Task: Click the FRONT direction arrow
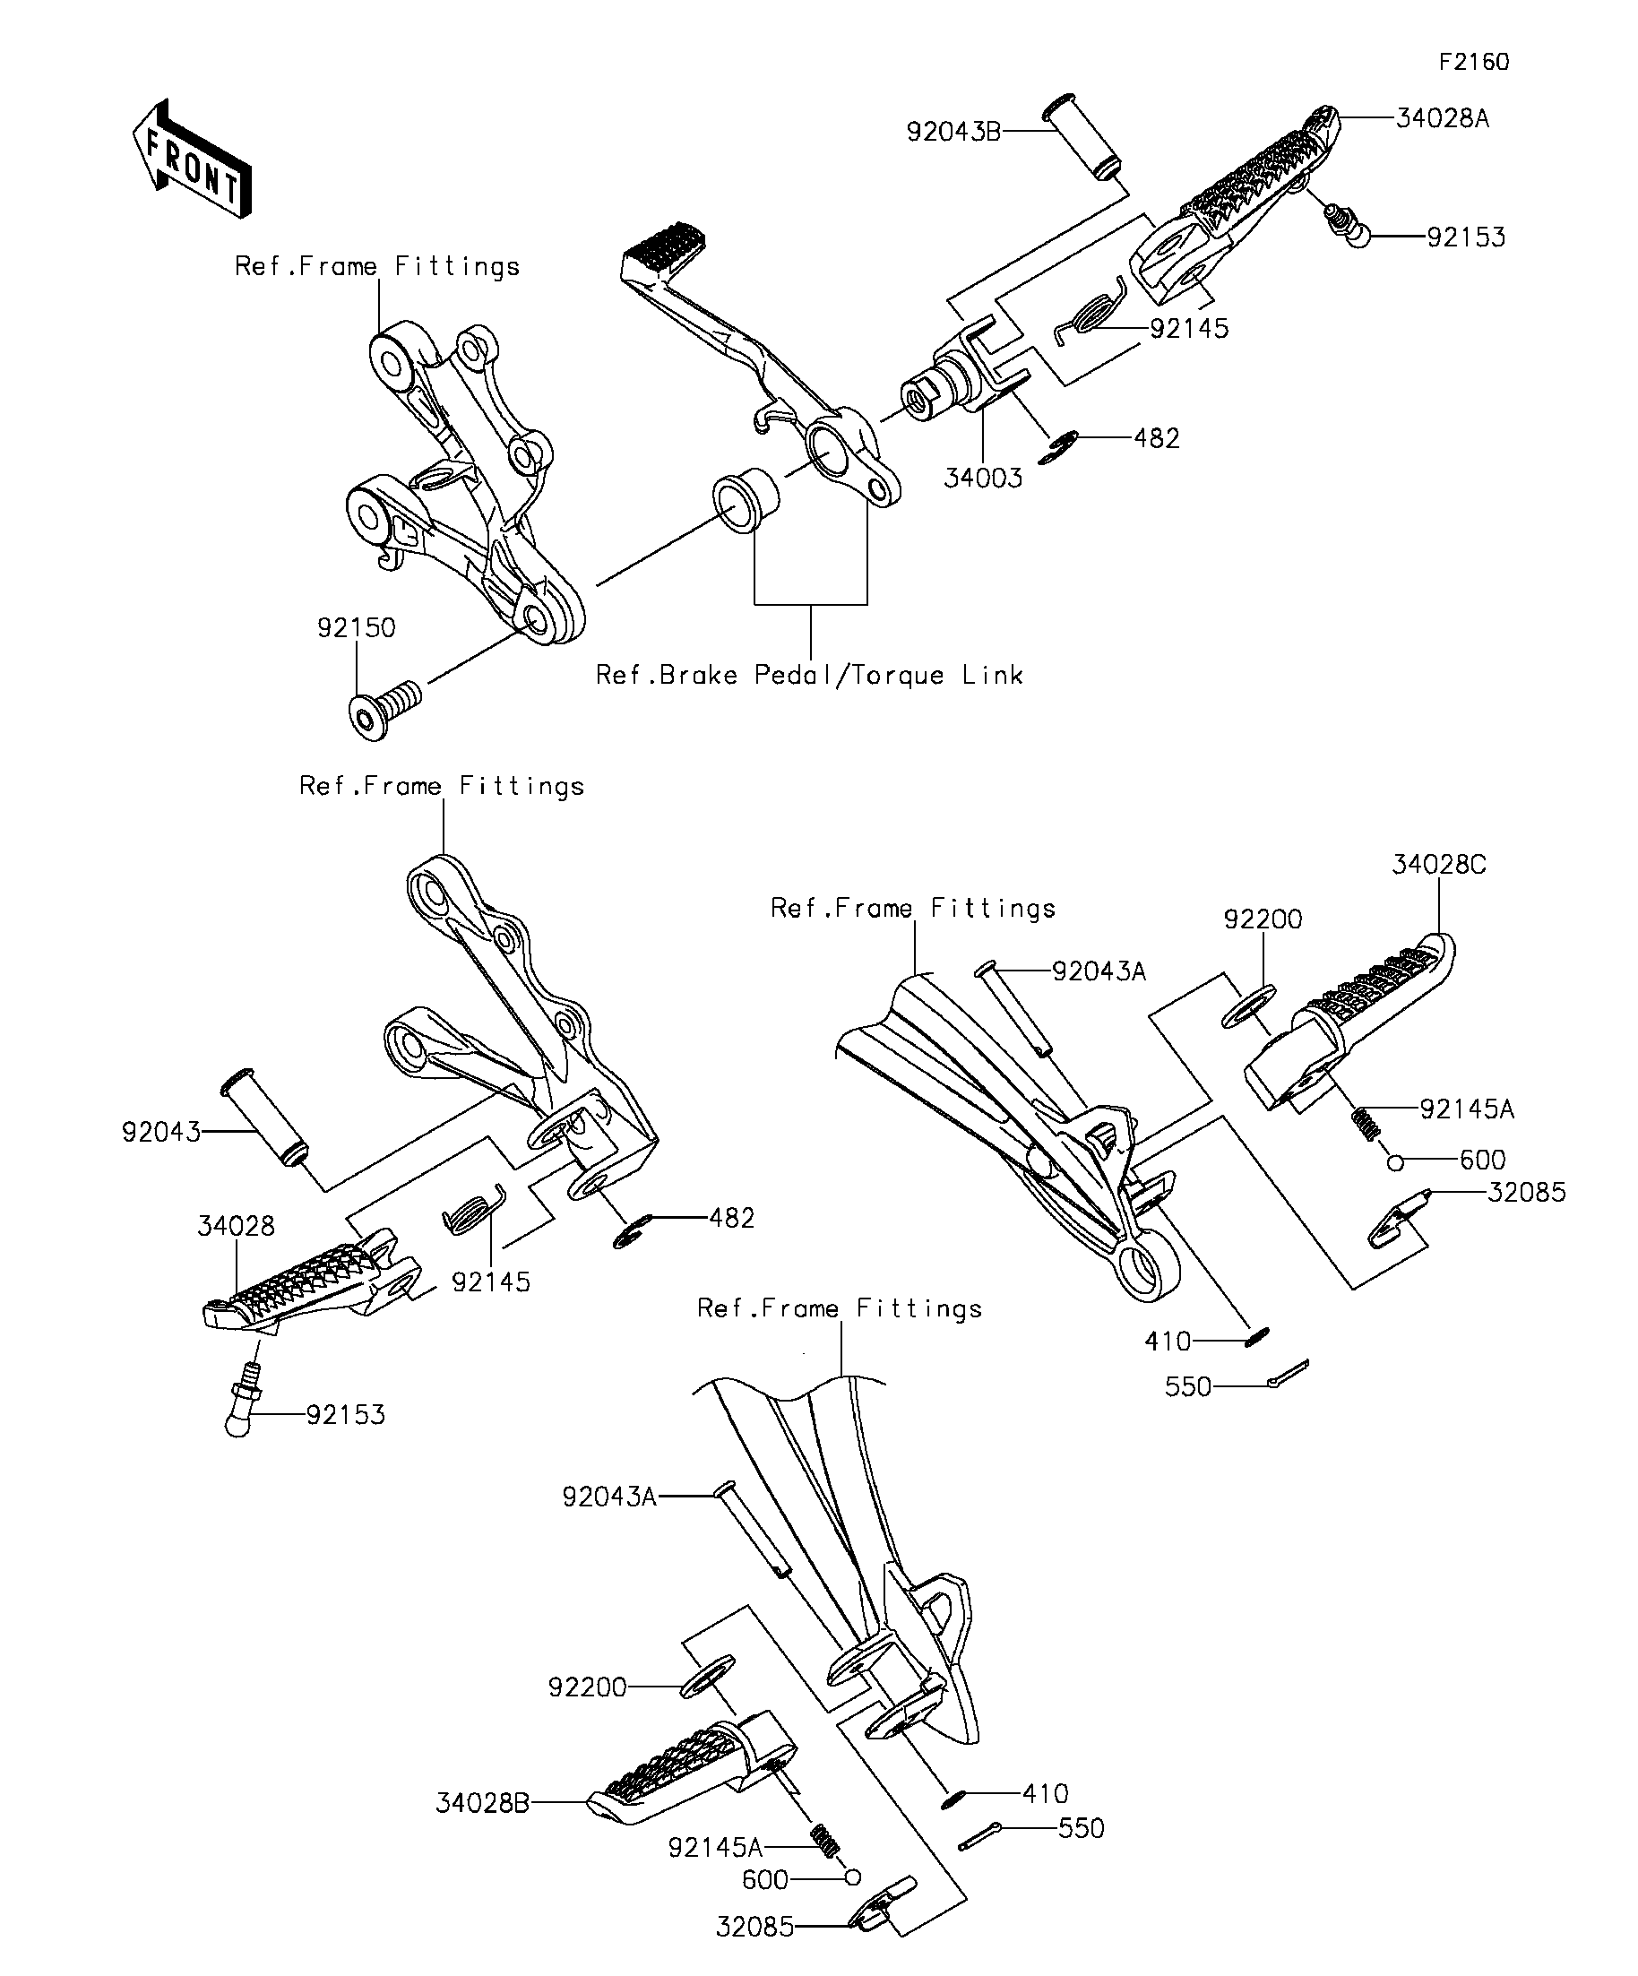(x=191, y=158)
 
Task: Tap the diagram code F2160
(x=1474, y=62)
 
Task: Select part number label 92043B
(x=953, y=132)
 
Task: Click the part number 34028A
(x=1443, y=118)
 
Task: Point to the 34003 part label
(x=983, y=478)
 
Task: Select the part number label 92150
(x=356, y=627)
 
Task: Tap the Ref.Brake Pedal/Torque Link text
(x=809, y=675)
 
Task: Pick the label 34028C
(x=1438, y=864)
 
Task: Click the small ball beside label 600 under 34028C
(x=1396, y=1164)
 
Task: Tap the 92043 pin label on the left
(x=161, y=1132)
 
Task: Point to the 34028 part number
(x=237, y=1225)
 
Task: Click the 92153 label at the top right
(x=1466, y=237)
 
